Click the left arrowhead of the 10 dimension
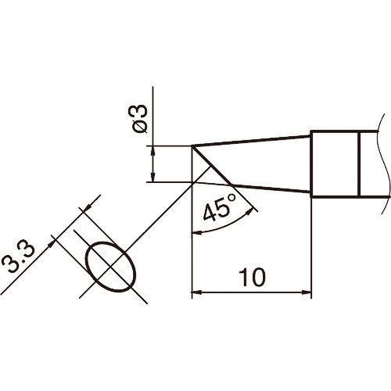[x=196, y=294]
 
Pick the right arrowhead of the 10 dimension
[x=307, y=294]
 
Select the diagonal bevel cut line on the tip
[x=213, y=166]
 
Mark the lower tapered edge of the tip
[x=274, y=192]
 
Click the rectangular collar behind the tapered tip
[x=335, y=163]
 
